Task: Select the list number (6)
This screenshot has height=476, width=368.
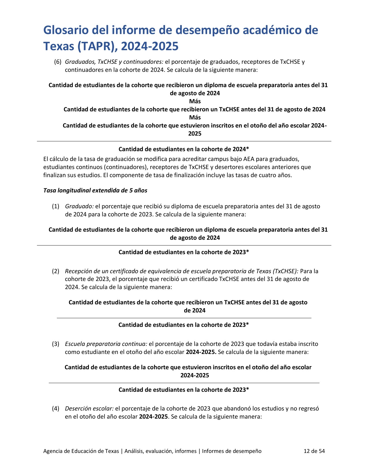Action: (x=58, y=62)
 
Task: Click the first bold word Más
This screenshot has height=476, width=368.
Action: (x=195, y=101)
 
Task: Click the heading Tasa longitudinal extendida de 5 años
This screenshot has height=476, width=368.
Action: (x=95, y=190)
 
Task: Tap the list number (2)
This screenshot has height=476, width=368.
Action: (x=56, y=271)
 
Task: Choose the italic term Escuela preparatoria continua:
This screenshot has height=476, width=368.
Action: (x=106, y=344)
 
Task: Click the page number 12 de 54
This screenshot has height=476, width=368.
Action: (x=314, y=451)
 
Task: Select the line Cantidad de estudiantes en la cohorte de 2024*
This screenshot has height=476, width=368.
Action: (x=184, y=149)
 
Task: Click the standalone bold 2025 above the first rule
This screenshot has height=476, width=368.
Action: (x=195, y=134)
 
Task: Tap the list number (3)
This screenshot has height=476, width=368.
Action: (x=56, y=344)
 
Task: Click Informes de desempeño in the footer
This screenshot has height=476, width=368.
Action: (x=232, y=451)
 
